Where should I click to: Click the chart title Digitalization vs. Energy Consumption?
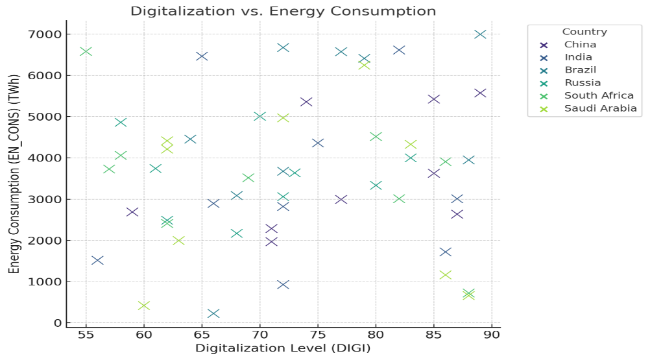click(283, 11)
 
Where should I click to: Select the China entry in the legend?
click(580, 45)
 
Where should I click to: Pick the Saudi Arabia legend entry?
click(600, 108)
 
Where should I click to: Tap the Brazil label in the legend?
click(580, 70)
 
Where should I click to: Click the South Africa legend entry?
click(599, 96)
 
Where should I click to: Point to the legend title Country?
click(584, 32)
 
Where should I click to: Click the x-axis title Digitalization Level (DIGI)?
click(283, 349)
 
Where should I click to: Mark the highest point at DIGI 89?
click(480, 34)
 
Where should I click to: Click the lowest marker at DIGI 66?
click(213, 314)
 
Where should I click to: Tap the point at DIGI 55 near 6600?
click(86, 51)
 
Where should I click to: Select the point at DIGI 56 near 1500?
click(97, 261)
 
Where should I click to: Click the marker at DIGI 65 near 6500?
click(202, 56)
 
